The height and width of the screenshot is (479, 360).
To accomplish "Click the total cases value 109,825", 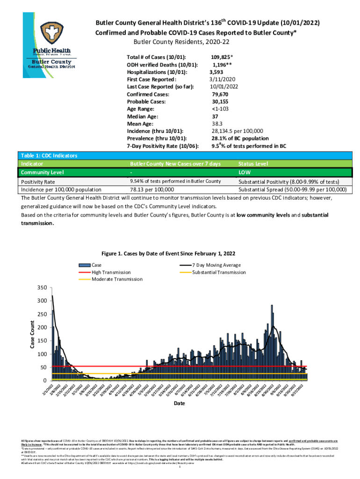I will point(222,57).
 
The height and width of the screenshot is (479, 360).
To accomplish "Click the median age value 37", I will point(216,116).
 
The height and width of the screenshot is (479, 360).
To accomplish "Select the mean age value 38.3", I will point(217,124).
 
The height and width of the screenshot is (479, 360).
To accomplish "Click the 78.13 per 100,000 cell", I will point(152,189).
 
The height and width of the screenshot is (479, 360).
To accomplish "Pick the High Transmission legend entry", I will point(111,272).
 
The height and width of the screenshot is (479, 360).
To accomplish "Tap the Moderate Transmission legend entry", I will point(117,279).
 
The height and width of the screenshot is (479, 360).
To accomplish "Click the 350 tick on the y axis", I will point(43,287).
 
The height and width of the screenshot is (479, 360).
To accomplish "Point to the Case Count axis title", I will point(33,334).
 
